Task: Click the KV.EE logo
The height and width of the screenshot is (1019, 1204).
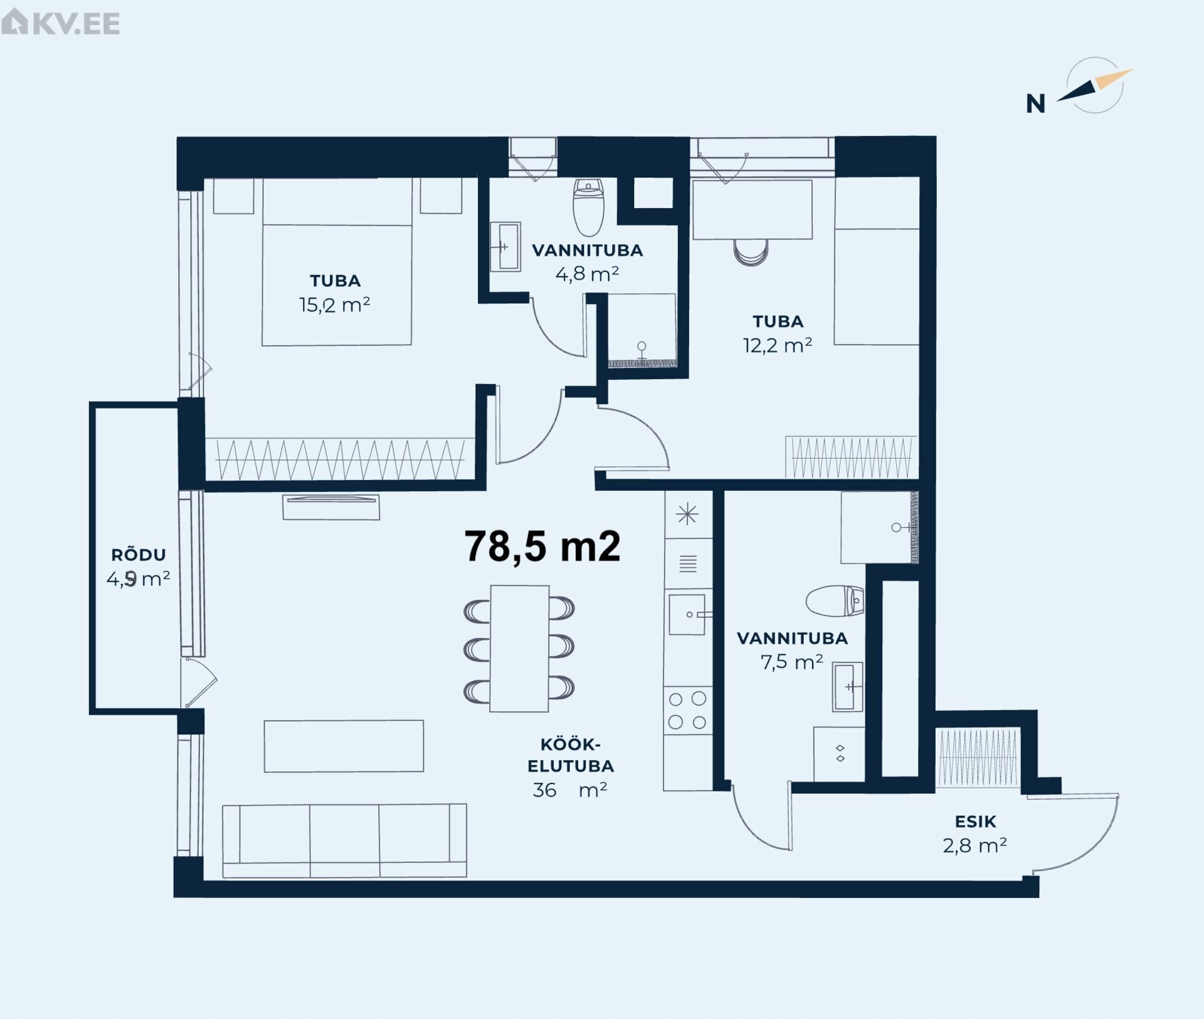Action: tap(60, 23)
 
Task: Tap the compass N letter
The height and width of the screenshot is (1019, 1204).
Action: tap(1035, 104)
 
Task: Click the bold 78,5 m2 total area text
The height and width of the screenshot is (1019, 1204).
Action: tap(542, 546)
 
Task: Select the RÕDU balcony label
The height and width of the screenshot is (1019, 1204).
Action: tap(139, 555)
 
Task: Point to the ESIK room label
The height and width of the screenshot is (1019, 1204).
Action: tap(976, 822)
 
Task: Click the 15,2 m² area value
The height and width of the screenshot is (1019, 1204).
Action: tap(335, 305)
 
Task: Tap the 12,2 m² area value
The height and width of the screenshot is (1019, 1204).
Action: tap(778, 345)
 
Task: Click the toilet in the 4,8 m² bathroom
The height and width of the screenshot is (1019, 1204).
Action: tap(588, 207)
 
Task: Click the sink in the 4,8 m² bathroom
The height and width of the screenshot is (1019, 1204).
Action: tap(505, 247)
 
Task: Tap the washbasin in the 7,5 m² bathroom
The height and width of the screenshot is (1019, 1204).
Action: tap(848, 687)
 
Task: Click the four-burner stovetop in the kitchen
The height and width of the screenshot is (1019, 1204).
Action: tap(688, 711)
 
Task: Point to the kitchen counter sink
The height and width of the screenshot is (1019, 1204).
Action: tap(687, 614)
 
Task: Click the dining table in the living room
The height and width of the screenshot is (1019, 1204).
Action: tap(520, 649)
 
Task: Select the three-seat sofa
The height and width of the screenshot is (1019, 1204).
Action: tap(344, 841)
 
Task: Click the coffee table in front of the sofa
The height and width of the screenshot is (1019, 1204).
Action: tap(344, 746)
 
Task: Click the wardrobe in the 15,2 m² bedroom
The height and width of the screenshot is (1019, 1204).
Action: tap(340, 459)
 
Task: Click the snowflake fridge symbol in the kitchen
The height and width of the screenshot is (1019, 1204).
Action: tap(688, 515)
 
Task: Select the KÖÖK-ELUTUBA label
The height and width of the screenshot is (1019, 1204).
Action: tap(571, 756)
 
